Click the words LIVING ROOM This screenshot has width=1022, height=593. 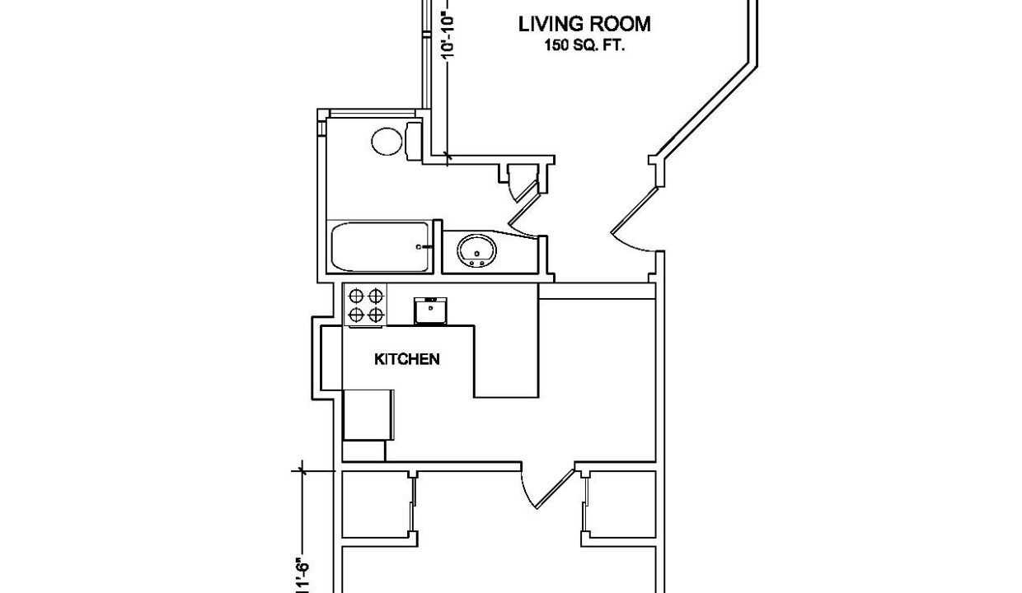point(584,25)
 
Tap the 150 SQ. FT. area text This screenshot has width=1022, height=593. point(584,46)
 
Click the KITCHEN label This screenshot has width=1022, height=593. point(406,359)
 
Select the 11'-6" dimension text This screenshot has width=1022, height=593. point(302,572)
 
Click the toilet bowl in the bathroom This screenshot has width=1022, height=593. point(386,142)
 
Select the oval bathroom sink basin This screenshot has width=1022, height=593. point(476,249)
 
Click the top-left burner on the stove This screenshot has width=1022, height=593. point(357,295)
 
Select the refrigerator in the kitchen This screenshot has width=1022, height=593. point(368,414)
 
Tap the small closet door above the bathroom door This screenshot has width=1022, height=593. point(520,182)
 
